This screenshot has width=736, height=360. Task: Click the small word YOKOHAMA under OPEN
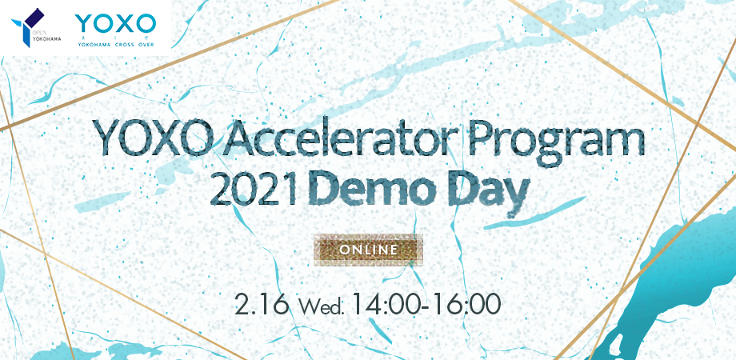(x=46, y=39)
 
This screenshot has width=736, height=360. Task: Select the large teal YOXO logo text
(x=115, y=23)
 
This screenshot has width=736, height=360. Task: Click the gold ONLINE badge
(x=369, y=250)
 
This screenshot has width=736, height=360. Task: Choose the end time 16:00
(x=464, y=305)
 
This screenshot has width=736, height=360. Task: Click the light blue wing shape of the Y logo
(x=18, y=23)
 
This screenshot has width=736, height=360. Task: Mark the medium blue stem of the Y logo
(x=27, y=37)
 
